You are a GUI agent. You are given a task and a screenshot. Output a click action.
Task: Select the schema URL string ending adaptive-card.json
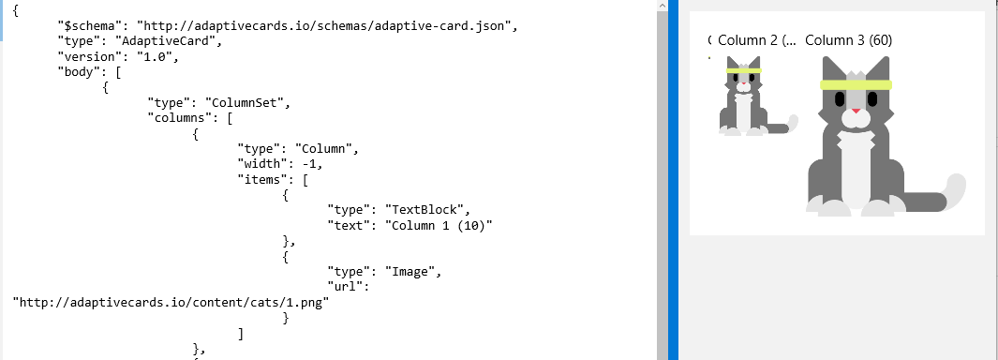[x=327, y=25]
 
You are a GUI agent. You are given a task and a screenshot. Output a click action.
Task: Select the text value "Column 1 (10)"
[x=435, y=224]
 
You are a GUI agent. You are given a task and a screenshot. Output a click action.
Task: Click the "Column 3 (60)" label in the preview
[x=848, y=40]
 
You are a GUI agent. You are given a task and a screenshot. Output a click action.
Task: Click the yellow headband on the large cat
[x=856, y=85]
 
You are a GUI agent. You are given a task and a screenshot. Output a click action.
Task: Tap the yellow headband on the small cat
[x=743, y=70]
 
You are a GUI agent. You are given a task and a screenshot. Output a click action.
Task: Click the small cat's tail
[x=792, y=123]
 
